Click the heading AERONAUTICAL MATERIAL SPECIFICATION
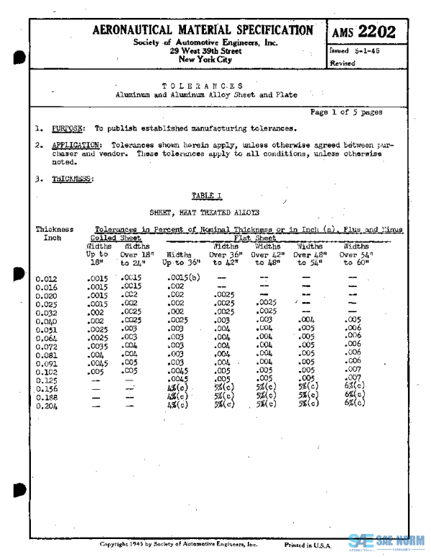pyautogui.click(x=203, y=31)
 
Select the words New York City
pyautogui.click(x=205, y=60)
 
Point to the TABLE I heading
pyautogui.click(x=207, y=195)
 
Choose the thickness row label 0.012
pyautogui.click(x=47, y=278)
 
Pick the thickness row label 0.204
pyautogui.click(x=47, y=406)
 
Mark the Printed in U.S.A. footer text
pyautogui.click(x=308, y=546)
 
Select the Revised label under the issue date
pyautogui.click(x=342, y=63)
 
